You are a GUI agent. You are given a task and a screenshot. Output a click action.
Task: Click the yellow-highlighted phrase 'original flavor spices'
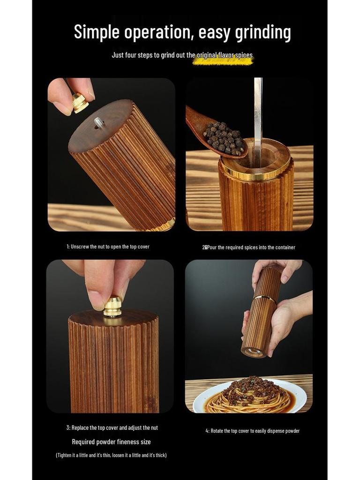pos(223,56)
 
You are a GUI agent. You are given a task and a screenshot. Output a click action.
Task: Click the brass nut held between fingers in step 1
pos(80,102)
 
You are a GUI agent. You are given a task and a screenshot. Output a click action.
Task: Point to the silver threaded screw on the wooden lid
pos(99,123)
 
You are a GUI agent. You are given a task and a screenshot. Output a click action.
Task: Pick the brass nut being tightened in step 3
pos(112,307)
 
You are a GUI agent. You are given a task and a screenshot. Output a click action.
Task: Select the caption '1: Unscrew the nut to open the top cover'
pos(108,247)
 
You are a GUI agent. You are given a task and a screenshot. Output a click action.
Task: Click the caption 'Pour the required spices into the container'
pos(251,247)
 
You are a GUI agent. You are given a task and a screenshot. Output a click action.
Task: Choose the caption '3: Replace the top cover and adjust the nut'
pos(112,427)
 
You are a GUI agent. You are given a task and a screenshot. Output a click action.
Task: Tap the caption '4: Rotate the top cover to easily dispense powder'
pos(252,431)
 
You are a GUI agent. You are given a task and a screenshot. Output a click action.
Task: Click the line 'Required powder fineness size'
pos(111,442)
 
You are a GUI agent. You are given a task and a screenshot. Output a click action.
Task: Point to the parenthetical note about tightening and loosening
pos(111,455)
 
